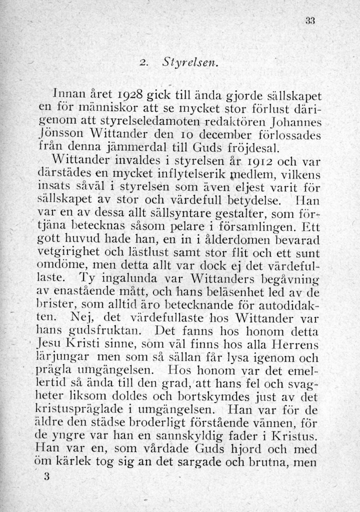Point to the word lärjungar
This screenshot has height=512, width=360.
[x=66, y=356]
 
